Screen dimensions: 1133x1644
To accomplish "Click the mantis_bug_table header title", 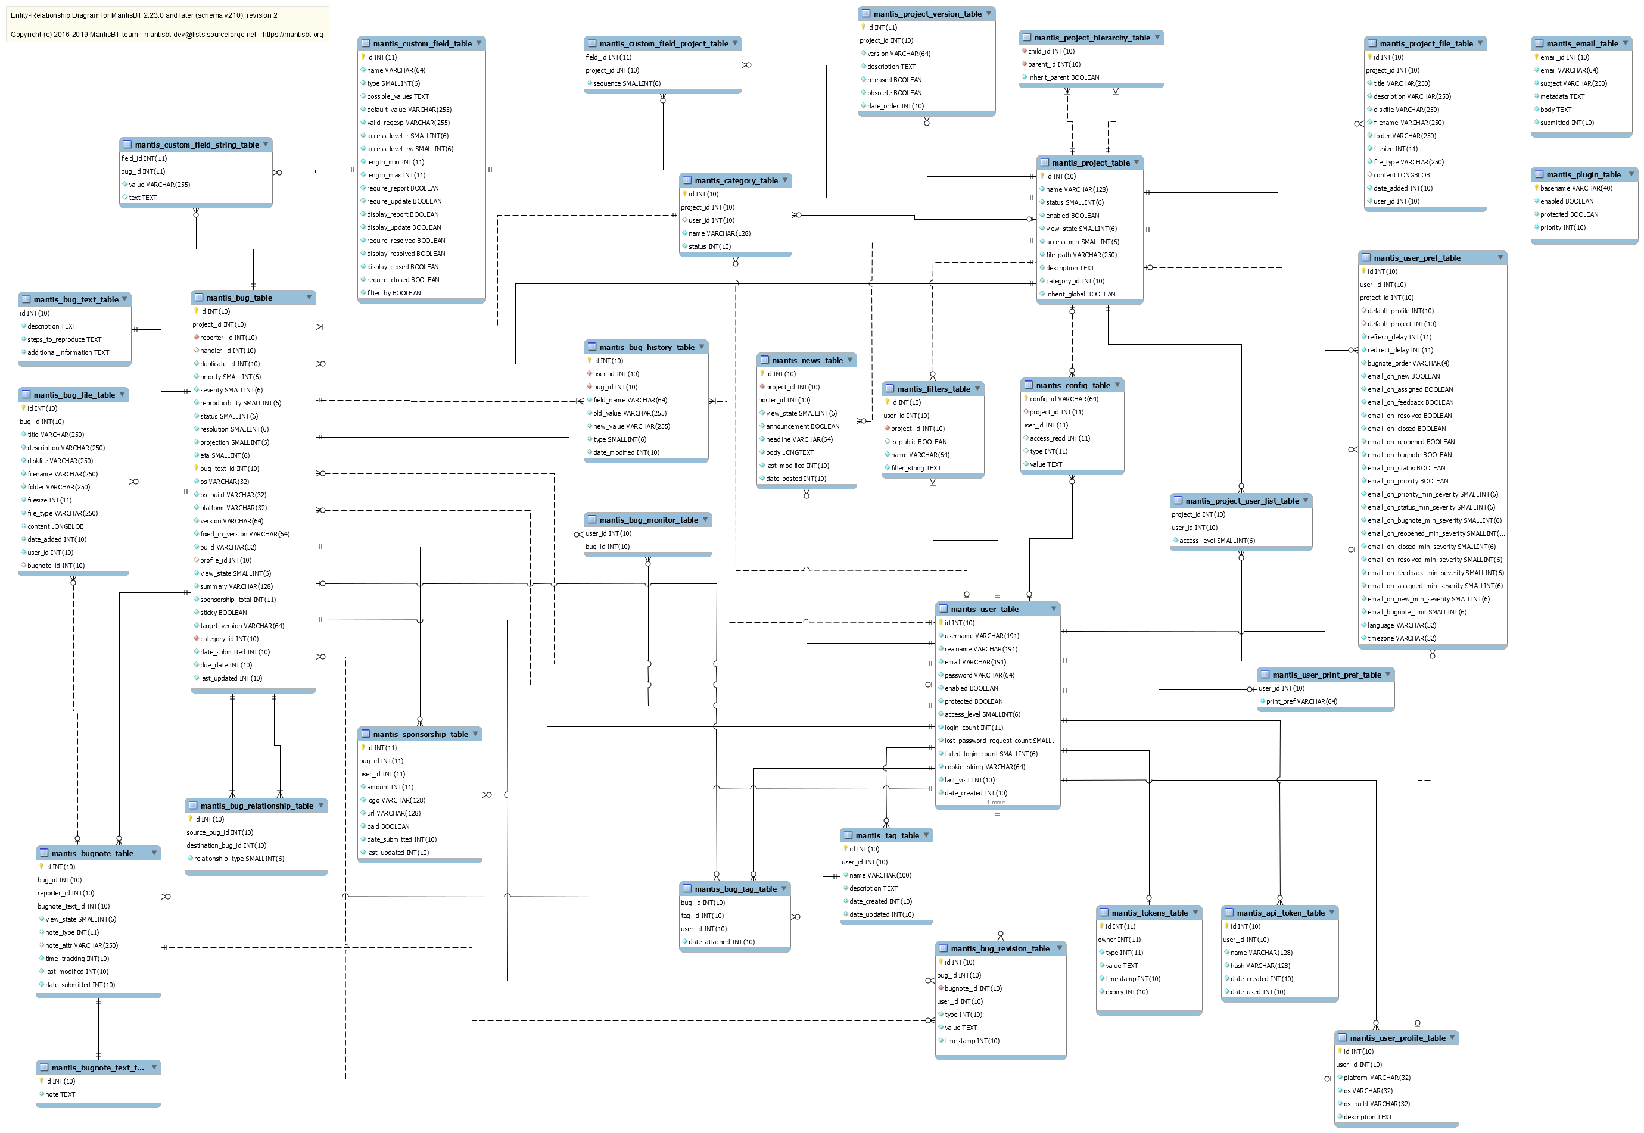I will tap(239, 298).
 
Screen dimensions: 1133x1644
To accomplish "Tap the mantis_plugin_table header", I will tap(1583, 174).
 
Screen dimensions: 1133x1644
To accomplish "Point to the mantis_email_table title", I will tap(1582, 44).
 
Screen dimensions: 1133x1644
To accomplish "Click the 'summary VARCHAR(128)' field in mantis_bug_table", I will tap(236, 587).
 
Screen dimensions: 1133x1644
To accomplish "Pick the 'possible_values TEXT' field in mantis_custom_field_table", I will tap(398, 96).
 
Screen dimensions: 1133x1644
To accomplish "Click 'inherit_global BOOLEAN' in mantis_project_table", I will tap(1080, 295).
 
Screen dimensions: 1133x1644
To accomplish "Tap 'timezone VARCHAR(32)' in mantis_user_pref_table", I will tap(1401, 639).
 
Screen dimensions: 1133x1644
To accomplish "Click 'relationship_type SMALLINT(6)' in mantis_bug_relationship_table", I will tap(239, 859).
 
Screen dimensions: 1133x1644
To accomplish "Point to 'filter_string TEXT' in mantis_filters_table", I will tap(916, 469).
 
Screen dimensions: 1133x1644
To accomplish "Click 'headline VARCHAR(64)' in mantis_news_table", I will tap(799, 440).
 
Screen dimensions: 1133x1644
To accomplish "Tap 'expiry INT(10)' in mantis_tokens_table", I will tap(1126, 992).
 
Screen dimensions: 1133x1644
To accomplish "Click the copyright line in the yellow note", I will tap(166, 35).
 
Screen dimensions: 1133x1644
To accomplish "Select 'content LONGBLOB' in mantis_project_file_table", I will tap(1401, 176).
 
